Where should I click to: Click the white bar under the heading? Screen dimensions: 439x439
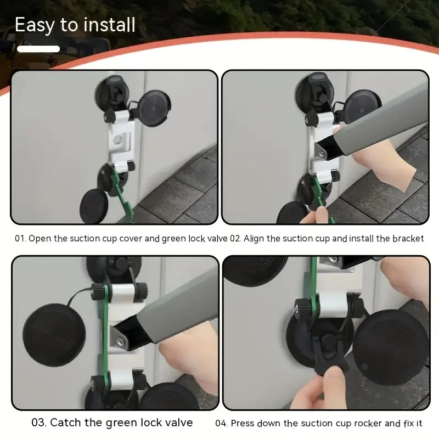click(x=38, y=49)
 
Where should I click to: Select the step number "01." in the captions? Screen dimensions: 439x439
click(x=20, y=239)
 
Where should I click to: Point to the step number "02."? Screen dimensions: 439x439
click(x=235, y=239)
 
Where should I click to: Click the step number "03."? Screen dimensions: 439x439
click(x=39, y=423)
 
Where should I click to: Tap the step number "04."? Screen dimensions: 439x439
click(x=221, y=423)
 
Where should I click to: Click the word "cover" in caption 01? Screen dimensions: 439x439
click(x=131, y=239)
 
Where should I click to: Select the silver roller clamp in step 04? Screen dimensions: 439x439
click(x=332, y=305)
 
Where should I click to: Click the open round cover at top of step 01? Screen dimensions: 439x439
click(x=154, y=108)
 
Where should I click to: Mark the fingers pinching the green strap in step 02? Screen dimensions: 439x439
click(x=316, y=216)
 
